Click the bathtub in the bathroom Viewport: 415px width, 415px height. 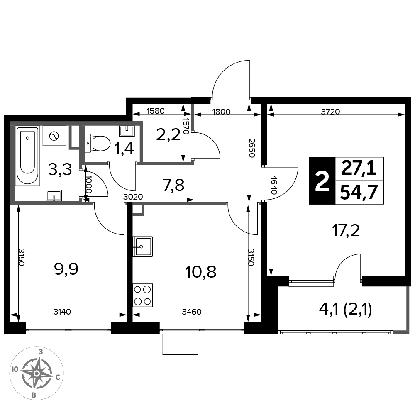pos(27,156)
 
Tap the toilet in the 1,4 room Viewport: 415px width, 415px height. pos(97,144)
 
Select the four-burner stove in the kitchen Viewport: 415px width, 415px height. pos(143,295)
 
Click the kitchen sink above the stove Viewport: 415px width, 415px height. pos(143,247)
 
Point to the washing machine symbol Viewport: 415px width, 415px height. pos(54,136)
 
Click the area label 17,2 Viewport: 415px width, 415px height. pos(346,230)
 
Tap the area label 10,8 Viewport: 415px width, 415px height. pos(201,272)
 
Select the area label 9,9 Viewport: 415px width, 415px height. pos(66,269)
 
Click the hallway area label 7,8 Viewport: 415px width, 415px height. pos(173,185)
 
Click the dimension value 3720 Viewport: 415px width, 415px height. pos(330,112)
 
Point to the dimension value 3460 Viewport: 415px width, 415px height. pos(192,312)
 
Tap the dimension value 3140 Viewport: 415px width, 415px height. pos(62,312)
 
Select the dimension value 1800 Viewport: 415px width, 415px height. pos(221,112)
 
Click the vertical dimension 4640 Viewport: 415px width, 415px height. pos(274,185)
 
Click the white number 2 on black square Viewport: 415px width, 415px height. pos(322,181)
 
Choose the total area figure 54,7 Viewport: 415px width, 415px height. pos(359,193)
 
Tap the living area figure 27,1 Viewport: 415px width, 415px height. pos(359,168)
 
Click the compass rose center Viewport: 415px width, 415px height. pos(37,373)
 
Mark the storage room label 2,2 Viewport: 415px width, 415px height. pos(168,135)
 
